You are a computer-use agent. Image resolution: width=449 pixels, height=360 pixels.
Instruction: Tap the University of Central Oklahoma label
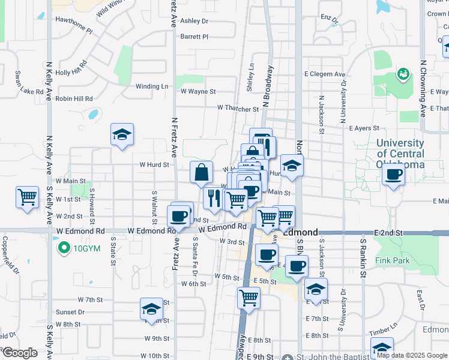tap(400, 154)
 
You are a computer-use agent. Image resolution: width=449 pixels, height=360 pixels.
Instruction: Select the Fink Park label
tap(392, 260)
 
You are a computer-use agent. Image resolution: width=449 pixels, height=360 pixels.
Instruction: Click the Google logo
tap(19, 353)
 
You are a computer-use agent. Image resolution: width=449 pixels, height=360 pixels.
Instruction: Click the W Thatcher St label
tap(238, 109)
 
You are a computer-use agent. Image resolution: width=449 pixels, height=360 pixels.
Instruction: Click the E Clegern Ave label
tap(325, 74)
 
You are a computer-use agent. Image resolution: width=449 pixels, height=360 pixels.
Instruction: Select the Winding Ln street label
tap(152, 86)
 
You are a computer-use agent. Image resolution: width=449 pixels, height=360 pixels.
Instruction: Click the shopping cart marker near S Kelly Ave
tap(27, 197)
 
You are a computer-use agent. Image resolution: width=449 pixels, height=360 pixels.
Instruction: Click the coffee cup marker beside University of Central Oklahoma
tap(393, 175)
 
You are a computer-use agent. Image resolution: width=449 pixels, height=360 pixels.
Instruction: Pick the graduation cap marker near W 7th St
tap(151, 310)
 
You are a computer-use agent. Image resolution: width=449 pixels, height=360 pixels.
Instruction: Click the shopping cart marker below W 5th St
tap(249, 298)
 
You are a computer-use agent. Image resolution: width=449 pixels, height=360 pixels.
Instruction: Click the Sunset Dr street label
tap(70, 312)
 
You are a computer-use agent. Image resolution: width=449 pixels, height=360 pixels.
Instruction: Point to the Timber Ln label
tap(379, 331)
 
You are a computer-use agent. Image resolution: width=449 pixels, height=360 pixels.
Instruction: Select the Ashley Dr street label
tap(194, 20)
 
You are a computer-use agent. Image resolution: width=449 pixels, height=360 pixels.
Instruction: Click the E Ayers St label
tap(364, 128)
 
